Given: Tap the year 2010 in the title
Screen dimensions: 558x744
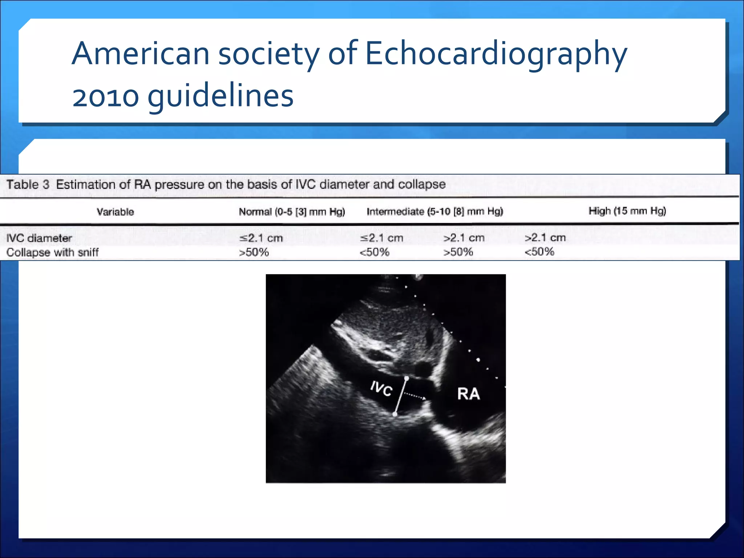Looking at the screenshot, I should pyautogui.click(x=106, y=97).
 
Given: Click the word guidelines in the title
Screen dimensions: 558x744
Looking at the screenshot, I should pyautogui.click(x=221, y=97).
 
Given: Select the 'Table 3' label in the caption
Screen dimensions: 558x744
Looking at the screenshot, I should pyautogui.click(x=28, y=185).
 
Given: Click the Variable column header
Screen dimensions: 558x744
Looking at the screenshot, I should pyautogui.click(x=115, y=212).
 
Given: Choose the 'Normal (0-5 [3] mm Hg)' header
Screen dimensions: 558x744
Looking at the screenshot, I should pyautogui.click(x=292, y=212).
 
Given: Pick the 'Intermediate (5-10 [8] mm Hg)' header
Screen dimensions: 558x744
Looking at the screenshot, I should pyautogui.click(x=434, y=211).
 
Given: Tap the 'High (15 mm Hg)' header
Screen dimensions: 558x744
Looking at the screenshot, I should pyautogui.click(x=627, y=211).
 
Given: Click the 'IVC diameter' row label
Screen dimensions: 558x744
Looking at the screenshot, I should pyautogui.click(x=39, y=238).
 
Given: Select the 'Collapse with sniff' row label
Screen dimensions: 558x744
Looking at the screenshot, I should pyautogui.click(x=53, y=252).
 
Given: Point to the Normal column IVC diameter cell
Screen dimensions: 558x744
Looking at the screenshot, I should pyautogui.click(x=261, y=238).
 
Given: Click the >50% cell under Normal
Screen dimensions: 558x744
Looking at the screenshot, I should pyautogui.click(x=254, y=252).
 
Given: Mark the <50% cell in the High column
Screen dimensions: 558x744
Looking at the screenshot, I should pyautogui.click(x=539, y=252).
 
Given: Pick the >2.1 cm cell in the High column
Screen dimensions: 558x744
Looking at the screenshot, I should pyautogui.click(x=545, y=238).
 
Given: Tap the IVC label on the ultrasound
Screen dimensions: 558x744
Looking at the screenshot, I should pyautogui.click(x=381, y=389).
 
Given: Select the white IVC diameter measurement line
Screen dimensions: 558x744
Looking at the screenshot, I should pyautogui.click(x=401, y=396).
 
